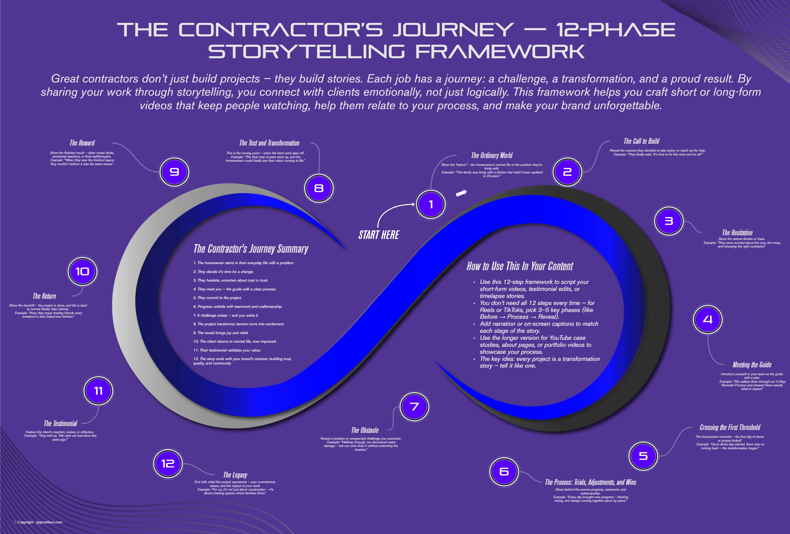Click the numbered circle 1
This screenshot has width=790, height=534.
tap(431, 204)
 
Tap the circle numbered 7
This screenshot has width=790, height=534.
tap(414, 407)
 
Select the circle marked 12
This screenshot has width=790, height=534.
tap(168, 464)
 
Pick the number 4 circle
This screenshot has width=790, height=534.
tap(707, 319)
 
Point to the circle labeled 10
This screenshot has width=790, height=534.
tap(82, 271)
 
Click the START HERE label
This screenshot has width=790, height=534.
tap(379, 235)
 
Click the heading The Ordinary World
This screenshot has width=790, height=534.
tap(492, 155)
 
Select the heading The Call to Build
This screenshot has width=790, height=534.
tap(641, 141)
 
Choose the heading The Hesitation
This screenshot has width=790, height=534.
tap(737, 233)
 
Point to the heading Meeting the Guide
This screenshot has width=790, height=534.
tap(752, 364)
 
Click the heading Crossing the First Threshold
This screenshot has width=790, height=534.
tap(730, 428)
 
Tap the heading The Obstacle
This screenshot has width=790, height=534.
tap(365, 430)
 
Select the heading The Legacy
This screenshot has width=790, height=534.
tap(235, 475)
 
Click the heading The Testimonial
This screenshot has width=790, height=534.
tap(61, 424)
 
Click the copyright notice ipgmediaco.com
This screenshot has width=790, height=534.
tap(38, 522)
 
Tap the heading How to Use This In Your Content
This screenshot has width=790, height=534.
tap(520, 266)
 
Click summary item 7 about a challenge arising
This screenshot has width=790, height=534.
tap(226, 315)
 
